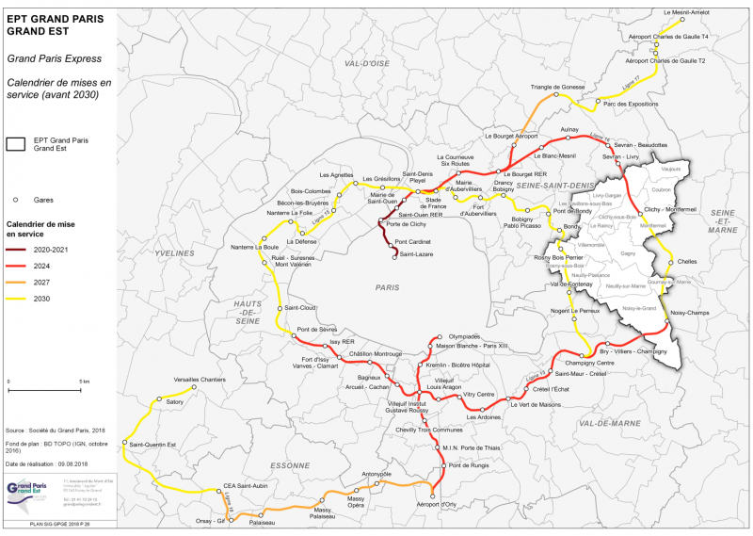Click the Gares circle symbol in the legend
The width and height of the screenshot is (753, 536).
click(x=16, y=200)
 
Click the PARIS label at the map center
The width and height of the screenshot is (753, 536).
click(x=387, y=287)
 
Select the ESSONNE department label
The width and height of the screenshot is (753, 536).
click(x=288, y=465)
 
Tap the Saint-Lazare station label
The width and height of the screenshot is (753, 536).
click(x=415, y=254)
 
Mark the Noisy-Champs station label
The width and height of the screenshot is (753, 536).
click(x=690, y=313)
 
